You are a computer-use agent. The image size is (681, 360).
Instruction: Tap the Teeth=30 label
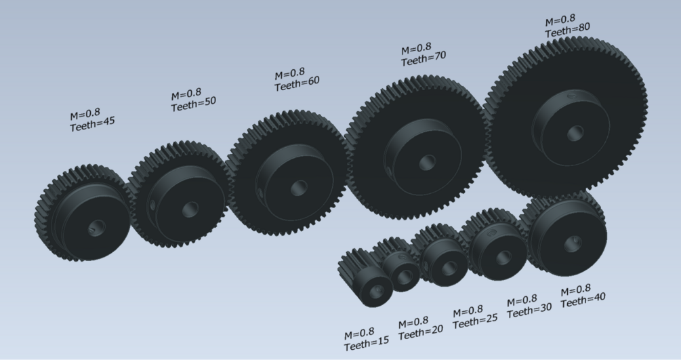coord(529,310)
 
